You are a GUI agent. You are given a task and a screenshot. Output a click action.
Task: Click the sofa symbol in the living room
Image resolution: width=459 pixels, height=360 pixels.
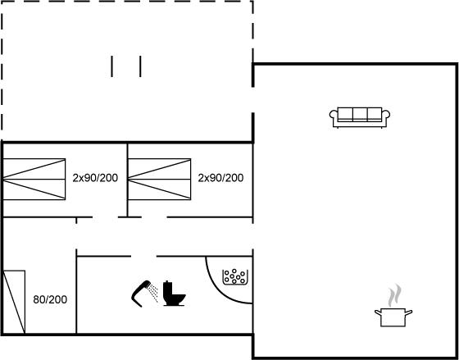click(x=360, y=117)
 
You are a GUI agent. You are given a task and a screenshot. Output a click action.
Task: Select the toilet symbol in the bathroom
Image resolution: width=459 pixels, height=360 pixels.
click(x=174, y=294)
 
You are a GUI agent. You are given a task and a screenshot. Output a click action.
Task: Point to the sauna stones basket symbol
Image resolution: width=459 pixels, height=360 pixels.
click(x=235, y=277)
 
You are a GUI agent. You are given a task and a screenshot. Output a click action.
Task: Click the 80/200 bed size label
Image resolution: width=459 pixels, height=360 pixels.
click(x=50, y=299)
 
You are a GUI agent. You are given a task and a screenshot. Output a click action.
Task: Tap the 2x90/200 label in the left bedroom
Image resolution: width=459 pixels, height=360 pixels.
click(x=95, y=178)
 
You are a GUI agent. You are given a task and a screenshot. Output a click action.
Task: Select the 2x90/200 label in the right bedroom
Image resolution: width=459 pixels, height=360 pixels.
click(x=220, y=178)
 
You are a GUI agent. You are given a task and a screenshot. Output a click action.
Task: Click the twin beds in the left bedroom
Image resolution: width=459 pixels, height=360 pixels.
click(x=34, y=180)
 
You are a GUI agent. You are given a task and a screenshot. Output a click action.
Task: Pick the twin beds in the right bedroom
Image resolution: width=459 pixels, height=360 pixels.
click(x=160, y=180)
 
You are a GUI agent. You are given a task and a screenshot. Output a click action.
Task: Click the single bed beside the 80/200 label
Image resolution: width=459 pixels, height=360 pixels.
click(x=14, y=302)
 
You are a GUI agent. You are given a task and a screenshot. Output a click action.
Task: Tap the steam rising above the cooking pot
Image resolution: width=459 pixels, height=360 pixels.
click(x=394, y=295)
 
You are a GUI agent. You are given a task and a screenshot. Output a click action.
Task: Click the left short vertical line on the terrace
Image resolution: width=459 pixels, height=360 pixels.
click(x=111, y=66)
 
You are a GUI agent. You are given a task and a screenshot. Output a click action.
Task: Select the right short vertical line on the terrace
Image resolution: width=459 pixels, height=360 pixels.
click(x=140, y=66)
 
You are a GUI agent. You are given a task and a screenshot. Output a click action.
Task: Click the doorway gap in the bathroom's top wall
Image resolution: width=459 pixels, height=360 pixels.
click(x=143, y=257)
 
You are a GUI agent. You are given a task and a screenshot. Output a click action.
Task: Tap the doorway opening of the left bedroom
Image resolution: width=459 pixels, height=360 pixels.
click(x=105, y=217)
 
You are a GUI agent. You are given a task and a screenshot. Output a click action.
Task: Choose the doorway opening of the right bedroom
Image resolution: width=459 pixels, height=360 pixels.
click(x=154, y=217)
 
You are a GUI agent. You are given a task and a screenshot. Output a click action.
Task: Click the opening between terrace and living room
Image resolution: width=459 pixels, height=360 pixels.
click(x=253, y=100)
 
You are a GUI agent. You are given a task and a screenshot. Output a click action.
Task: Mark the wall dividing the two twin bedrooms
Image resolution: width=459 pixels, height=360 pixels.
click(x=127, y=180)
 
